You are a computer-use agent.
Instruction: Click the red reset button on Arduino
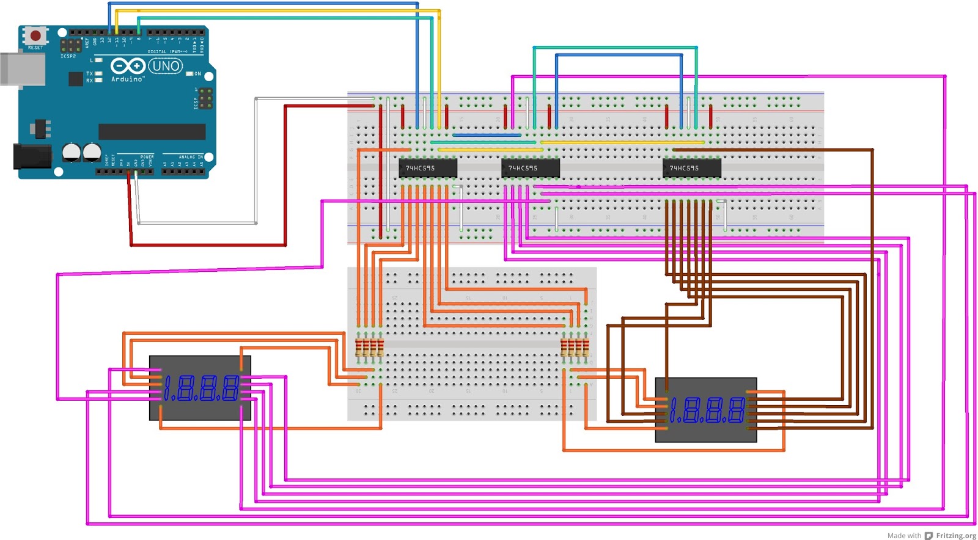coord(35,35)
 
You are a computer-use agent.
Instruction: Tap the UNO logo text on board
coord(165,66)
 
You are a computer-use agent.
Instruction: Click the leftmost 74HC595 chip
coord(427,167)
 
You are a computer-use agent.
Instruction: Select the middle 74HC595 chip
coord(530,167)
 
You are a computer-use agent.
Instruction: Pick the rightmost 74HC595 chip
coord(692,167)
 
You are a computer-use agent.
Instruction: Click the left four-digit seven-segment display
coord(200,388)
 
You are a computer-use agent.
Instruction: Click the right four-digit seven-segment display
coord(706,410)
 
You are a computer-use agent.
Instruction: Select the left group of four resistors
coord(369,348)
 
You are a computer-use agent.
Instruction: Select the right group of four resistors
coord(575,348)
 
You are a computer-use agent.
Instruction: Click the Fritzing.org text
coord(956,536)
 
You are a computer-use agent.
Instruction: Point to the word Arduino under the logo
coord(127,79)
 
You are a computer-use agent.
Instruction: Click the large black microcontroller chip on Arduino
coord(152,131)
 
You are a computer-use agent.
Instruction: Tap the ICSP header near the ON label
coord(205,98)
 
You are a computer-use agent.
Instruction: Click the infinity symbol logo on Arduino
coord(127,65)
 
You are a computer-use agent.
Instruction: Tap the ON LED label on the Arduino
coord(197,74)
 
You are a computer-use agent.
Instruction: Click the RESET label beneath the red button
coord(35,48)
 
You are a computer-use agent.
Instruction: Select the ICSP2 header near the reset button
coord(72,45)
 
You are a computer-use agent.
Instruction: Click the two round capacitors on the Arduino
coord(82,152)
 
